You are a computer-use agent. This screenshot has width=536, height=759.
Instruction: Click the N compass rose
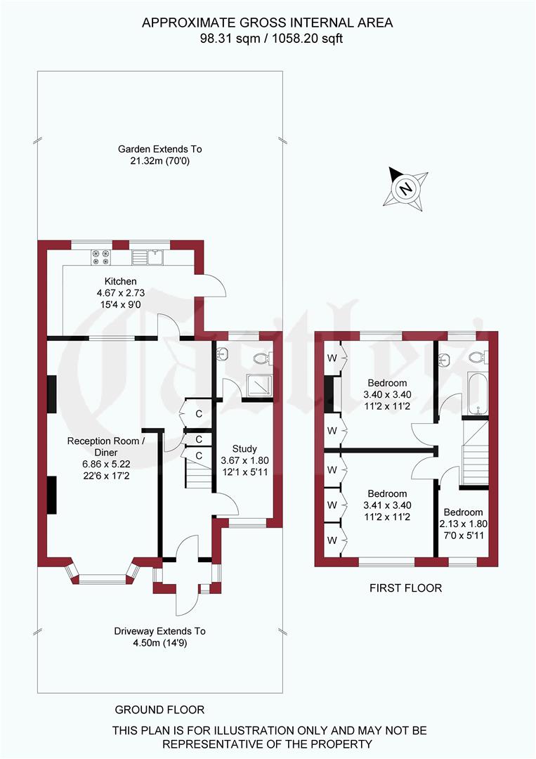[405, 188]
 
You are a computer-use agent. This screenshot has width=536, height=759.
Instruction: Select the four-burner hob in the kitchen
[100, 258]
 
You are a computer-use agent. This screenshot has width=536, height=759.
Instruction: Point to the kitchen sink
[148, 258]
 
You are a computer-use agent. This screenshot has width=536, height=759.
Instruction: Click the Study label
[244, 448]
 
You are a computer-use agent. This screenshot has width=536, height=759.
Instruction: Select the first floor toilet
[478, 358]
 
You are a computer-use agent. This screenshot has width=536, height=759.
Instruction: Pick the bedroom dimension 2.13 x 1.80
[463, 524]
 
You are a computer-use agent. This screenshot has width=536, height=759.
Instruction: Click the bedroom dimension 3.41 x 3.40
[387, 505]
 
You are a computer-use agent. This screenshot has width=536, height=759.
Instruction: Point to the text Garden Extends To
[159, 149]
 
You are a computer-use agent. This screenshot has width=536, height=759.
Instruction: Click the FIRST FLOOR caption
[406, 588]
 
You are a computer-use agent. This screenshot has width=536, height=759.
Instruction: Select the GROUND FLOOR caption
[160, 710]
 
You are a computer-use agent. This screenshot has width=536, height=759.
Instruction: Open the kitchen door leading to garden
[215, 285]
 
